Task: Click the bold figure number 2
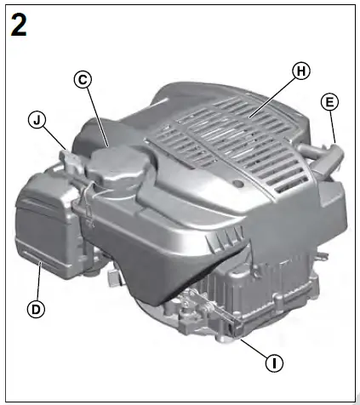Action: (x=19, y=25)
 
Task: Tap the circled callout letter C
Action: (x=83, y=79)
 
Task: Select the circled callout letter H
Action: (x=299, y=71)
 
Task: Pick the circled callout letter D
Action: (x=36, y=310)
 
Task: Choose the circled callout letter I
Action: (x=273, y=363)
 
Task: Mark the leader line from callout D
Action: (x=38, y=282)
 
